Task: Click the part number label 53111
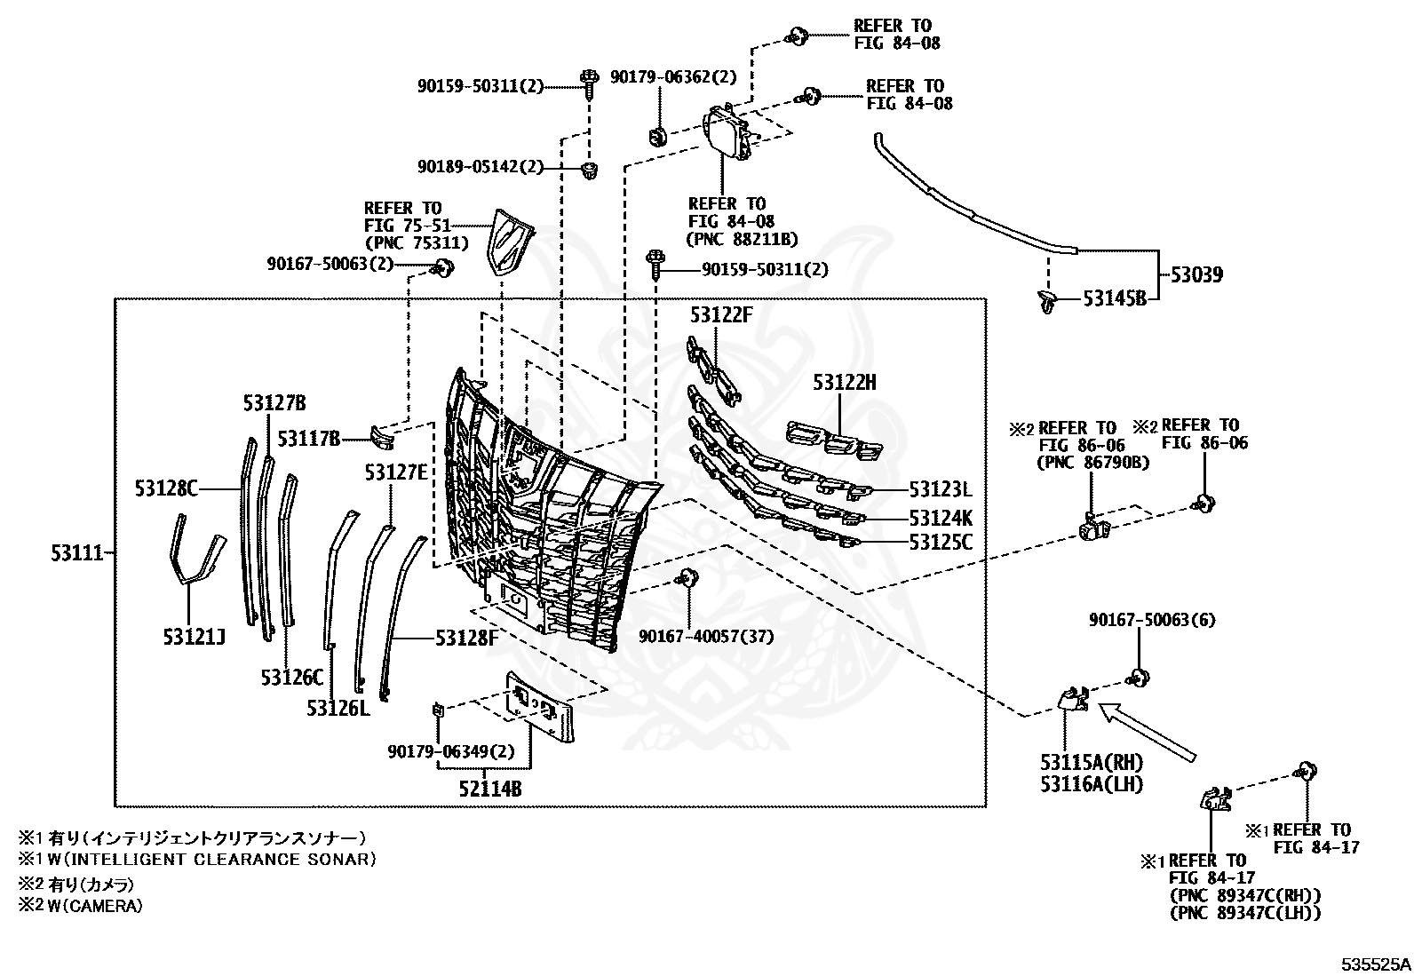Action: click(x=76, y=553)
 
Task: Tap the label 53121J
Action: click(x=194, y=638)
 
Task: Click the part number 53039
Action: click(x=1197, y=274)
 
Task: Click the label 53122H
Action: click(x=845, y=382)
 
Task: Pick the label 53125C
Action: click(x=941, y=543)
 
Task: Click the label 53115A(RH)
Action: click(x=1092, y=763)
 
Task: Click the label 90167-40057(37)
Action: click(x=706, y=637)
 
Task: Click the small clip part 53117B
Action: click(x=381, y=438)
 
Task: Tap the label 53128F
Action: click(x=466, y=639)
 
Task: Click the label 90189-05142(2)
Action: click(x=481, y=167)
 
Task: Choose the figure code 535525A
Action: click(x=1376, y=964)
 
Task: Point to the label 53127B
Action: click(x=274, y=403)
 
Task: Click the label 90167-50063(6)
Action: click(x=1152, y=620)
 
